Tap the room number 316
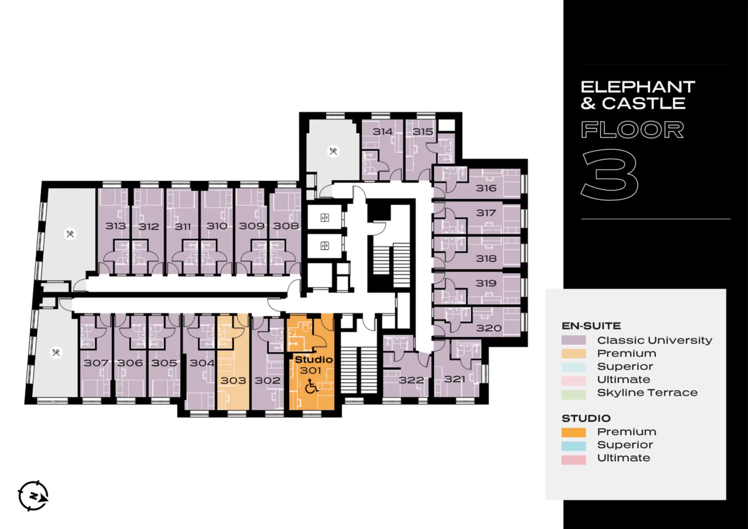(486, 188)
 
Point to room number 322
(412, 380)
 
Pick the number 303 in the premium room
(233, 380)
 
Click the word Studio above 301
(314, 360)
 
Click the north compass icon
(33, 496)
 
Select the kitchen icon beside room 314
(333, 151)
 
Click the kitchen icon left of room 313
(70, 234)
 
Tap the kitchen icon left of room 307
(56, 353)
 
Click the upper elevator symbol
(325, 218)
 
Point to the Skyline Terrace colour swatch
(574, 395)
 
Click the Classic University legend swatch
(574, 340)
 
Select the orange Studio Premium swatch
(574, 432)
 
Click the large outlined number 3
(609, 175)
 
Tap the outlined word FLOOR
(632, 130)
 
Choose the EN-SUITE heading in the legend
(591, 326)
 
